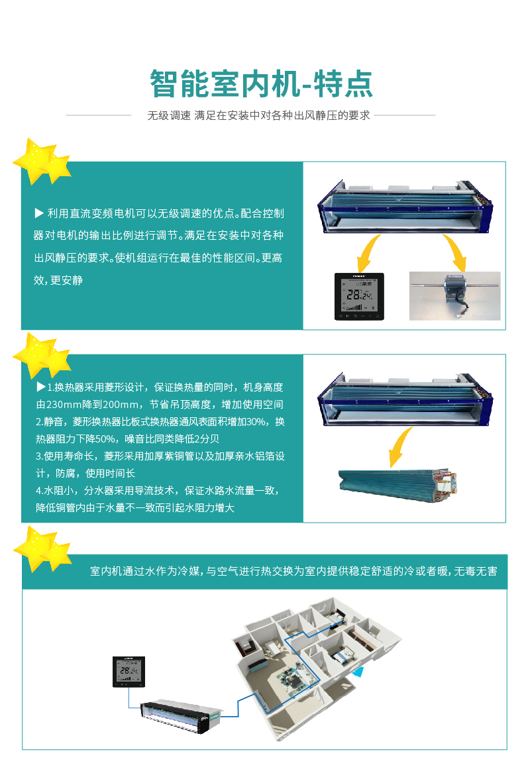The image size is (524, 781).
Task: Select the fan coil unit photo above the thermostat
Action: point(405,209)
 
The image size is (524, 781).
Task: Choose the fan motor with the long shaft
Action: point(454,294)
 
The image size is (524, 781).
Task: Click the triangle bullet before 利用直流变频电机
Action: point(38,214)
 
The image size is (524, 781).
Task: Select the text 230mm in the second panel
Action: point(62,405)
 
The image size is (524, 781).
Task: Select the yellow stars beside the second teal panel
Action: point(41,355)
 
